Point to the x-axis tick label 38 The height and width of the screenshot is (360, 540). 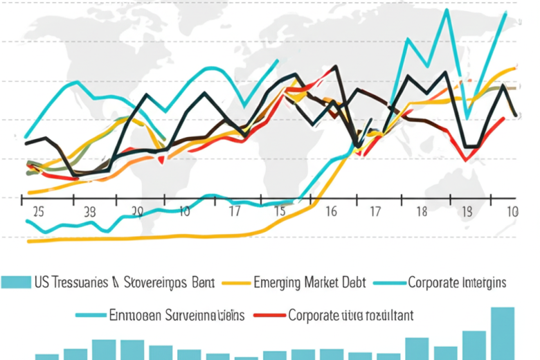pos(89,212)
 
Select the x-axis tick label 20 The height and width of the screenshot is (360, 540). pos(136,212)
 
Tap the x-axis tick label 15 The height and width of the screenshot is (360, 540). pos(280,212)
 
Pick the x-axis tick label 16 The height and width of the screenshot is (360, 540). pos(331,212)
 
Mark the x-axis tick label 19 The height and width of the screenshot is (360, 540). pos(467,212)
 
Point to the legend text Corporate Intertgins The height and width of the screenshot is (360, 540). pos(457,282)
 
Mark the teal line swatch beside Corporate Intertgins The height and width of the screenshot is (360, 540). pos(388,282)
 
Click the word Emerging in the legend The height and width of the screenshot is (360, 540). pos(277,282)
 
